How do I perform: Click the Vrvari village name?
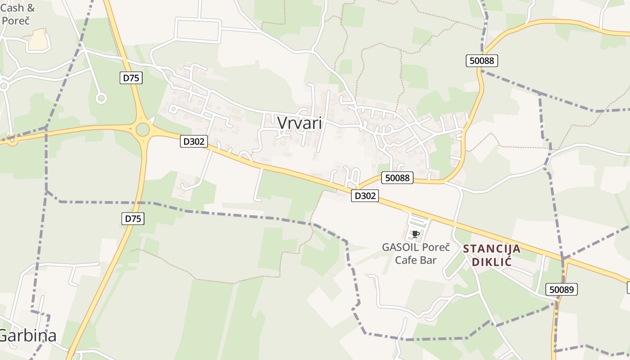[x=300, y=122]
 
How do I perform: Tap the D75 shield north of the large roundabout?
[x=131, y=78]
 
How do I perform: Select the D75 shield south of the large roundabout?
[x=133, y=219]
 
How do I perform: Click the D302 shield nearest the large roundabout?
[x=194, y=141]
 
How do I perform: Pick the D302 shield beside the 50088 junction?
[x=364, y=196]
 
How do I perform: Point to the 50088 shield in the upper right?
[x=481, y=61]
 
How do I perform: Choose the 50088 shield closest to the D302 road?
[x=397, y=178]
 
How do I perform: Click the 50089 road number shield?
[x=562, y=289]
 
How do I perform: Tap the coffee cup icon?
[x=415, y=234]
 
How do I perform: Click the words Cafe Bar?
[x=416, y=260]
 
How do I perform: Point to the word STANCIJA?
[x=492, y=248]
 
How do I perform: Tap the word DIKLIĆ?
[x=492, y=261]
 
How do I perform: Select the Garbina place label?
[x=27, y=336]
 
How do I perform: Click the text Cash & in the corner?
[x=18, y=8]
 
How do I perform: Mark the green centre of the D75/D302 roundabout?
[x=143, y=130]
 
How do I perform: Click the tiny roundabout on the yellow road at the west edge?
[x=12, y=140]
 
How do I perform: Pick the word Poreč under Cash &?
[x=16, y=20]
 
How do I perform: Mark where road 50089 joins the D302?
[x=563, y=259]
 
